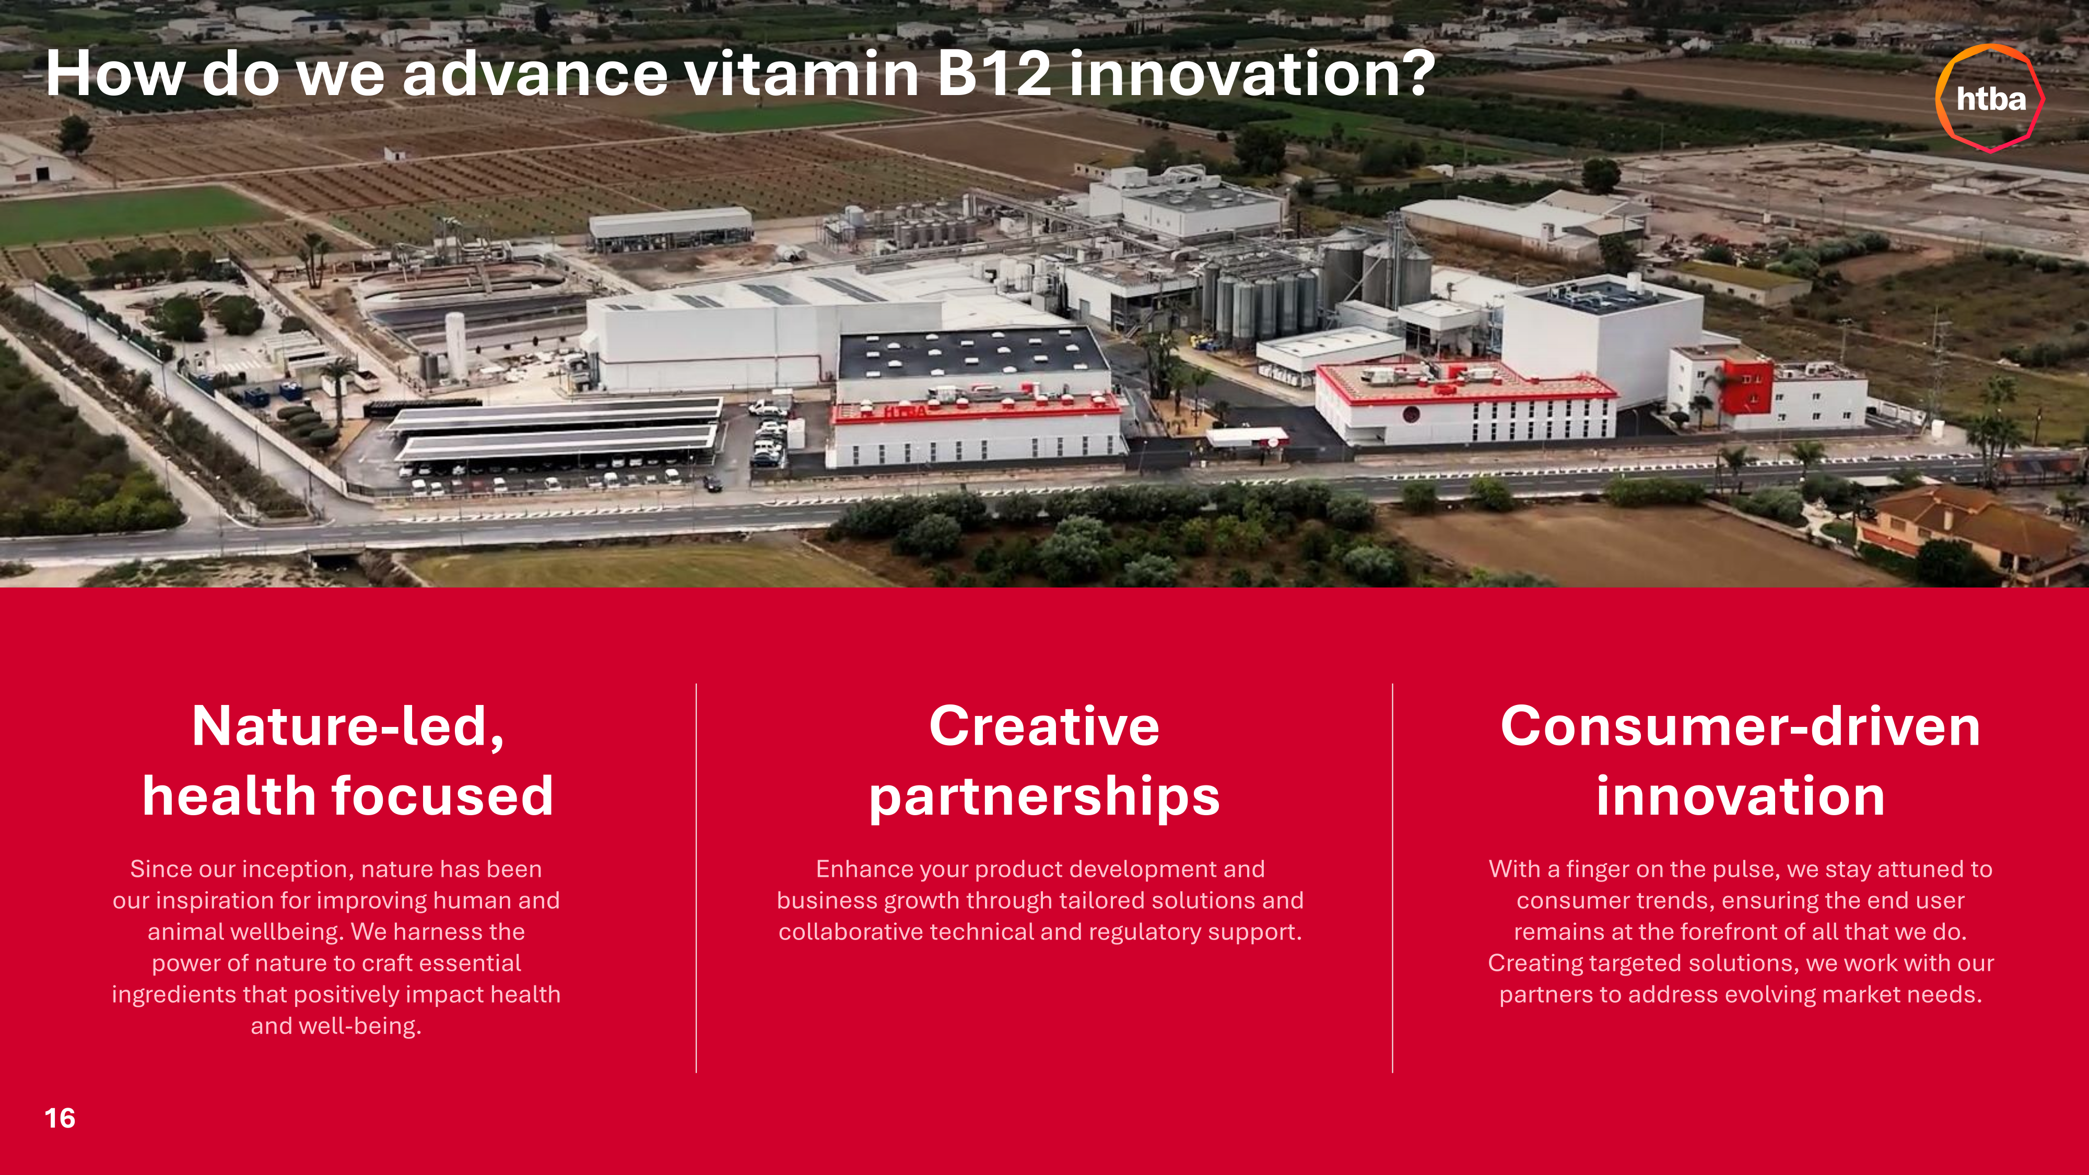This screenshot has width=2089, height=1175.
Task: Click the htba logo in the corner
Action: point(1990,98)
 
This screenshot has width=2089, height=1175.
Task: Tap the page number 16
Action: point(60,1118)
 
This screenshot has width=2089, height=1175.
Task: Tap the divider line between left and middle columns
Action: point(696,878)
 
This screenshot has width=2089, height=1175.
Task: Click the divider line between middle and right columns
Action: point(1392,878)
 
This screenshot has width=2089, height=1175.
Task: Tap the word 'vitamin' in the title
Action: point(801,74)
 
